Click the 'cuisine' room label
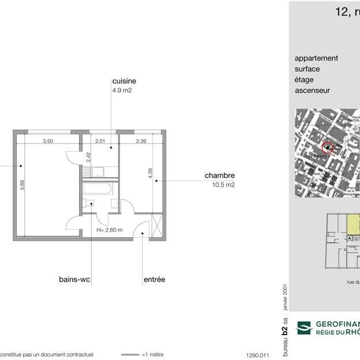124,81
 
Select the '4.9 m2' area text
122,91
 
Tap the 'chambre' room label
219,175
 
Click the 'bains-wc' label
74,279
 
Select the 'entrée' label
154,279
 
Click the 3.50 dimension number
48,141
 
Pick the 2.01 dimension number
100,141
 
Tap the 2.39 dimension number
141,141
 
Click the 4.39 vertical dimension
151,173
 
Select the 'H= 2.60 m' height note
110,230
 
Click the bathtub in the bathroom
99,188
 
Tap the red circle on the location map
327,148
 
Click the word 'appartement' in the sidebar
316,58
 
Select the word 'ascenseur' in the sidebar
312,91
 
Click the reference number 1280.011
258,355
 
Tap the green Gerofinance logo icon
303,328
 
